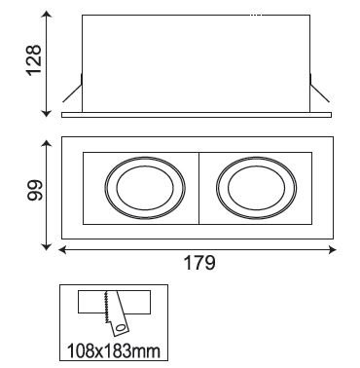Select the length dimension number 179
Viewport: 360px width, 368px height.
click(198, 263)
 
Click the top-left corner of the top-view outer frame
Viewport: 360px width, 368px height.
click(62, 136)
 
